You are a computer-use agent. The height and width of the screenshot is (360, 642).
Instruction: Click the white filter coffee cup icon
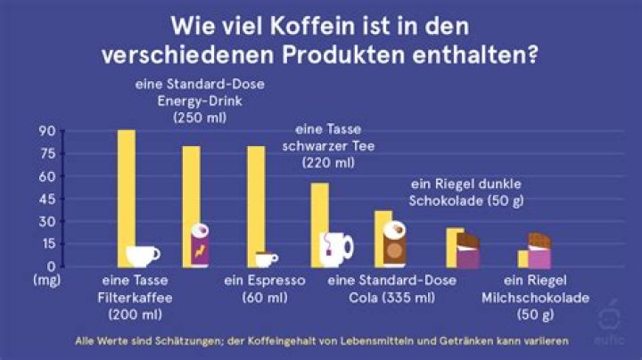coord(143,256)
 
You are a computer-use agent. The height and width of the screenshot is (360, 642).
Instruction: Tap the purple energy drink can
coord(202,246)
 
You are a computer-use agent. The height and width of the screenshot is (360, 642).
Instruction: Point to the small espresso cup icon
coord(266,258)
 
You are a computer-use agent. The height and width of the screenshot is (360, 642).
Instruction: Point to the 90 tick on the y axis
coord(46,131)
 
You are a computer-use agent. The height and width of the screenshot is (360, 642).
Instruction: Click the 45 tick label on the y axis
coord(46,199)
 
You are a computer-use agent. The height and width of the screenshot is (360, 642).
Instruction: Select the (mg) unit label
coord(46,280)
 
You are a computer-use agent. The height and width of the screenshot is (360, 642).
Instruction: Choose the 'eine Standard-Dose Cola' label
coord(392,281)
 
